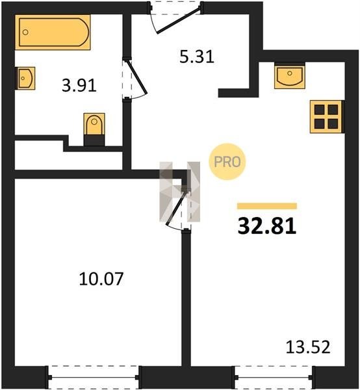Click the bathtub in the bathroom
click(53, 32)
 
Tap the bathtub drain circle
click(25, 32)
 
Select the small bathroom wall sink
click(25, 78)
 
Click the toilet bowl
click(94, 124)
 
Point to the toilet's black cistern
click(94, 140)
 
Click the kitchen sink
click(290, 75)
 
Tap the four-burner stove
click(327, 116)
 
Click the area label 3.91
click(79, 86)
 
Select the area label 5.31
click(197, 57)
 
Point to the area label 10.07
click(101, 279)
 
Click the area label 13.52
click(308, 347)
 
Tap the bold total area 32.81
click(267, 226)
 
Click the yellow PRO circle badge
click(227, 162)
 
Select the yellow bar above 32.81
click(267, 206)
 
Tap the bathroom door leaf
click(136, 77)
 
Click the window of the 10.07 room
click(94, 377)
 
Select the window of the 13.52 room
click(274, 377)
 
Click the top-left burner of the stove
click(320, 109)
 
